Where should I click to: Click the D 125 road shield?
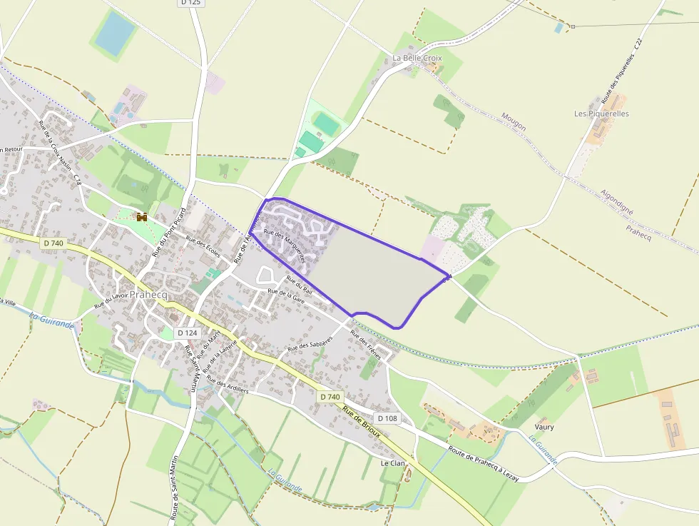pos(190,3)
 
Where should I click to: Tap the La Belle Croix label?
pos(417,58)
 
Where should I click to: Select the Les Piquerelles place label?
pos(601,113)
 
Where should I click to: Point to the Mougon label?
pos(514,121)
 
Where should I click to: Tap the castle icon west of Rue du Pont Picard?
pos(141,216)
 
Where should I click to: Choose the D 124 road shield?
pos(187,333)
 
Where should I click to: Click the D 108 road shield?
pos(387,418)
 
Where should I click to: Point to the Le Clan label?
pos(392,462)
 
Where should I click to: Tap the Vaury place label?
pos(544,427)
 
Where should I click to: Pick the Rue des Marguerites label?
pos(285,244)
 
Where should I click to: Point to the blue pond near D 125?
pos(114,33)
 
